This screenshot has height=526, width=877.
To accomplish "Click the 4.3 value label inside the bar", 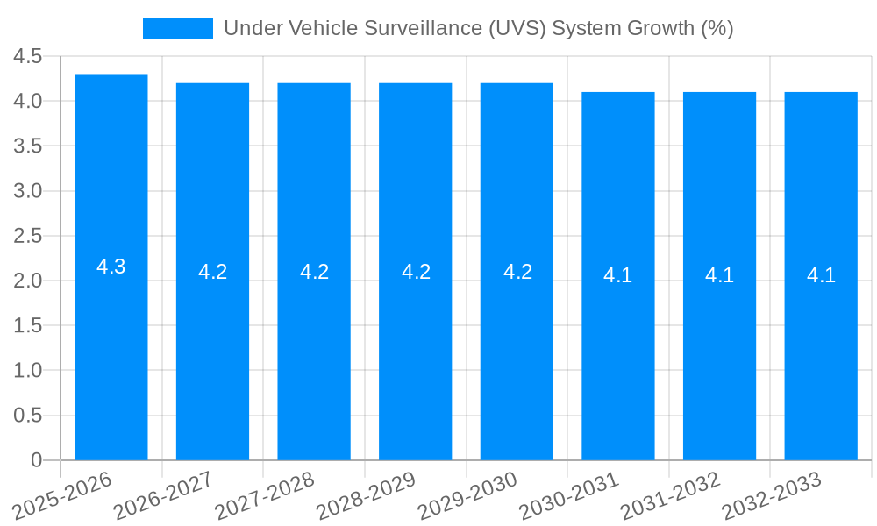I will tap(111, 267).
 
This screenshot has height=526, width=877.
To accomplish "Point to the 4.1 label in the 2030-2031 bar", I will tap(618, 276).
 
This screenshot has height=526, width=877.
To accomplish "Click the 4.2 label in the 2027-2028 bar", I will tap(314, 272).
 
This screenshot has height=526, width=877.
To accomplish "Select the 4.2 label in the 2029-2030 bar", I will tap(517, 272).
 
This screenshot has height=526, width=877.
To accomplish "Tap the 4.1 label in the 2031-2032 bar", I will tap(719, 276).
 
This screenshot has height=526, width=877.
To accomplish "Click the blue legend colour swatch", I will tap(178, 28).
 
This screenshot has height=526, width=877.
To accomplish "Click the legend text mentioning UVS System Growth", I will tap(478, 28).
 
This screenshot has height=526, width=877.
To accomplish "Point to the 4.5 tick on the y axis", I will tap(27, 56).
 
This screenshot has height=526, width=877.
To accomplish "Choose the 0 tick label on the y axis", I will tap(36, 460).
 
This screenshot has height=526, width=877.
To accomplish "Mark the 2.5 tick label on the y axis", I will tap(27, 236).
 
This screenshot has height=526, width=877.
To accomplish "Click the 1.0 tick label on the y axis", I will tap(27, 371).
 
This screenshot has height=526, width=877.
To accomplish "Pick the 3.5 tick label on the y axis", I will tap(27, 146).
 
